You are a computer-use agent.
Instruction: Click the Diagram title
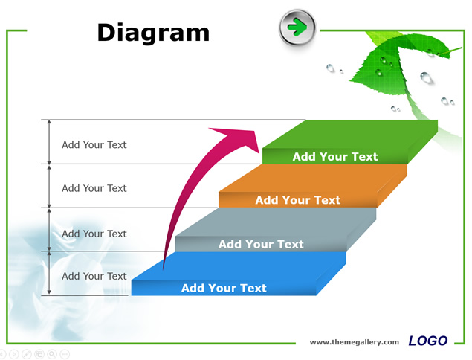coord(153,33)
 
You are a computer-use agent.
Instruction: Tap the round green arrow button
coord(297,27)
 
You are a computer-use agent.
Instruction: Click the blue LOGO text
coord(427,341)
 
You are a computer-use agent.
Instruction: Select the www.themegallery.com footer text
coord(355,342)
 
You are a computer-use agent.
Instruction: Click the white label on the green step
coord(335,157)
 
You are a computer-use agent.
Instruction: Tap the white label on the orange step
coord(298,200)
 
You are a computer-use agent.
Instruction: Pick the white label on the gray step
coord(261,244)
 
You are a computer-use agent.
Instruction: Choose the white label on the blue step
coord(224,288)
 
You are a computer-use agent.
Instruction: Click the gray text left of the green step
coord(94,145)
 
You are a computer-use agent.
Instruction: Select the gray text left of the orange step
coord(94,188)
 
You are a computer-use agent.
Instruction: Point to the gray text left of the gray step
coord(94,234)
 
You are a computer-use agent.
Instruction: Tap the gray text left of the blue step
coord(94,276)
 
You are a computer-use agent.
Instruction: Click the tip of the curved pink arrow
coord(259,152)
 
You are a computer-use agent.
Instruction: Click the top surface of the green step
coord(350,134)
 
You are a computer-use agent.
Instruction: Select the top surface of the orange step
coord(313,178)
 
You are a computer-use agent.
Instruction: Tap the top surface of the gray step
coord(276,222)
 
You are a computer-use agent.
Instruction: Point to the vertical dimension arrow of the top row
coord(49,142)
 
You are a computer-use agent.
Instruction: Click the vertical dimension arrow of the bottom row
coord(49,273)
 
